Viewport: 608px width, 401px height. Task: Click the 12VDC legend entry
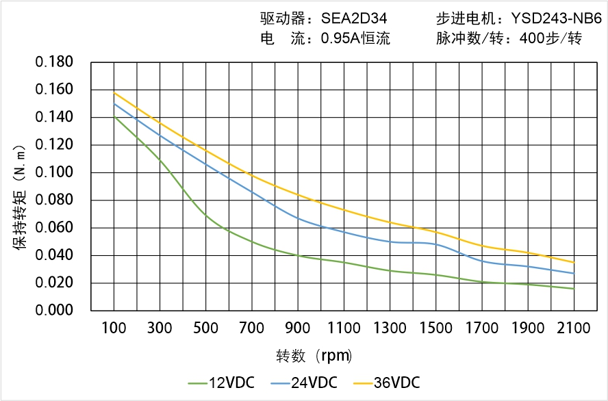pos(220,383)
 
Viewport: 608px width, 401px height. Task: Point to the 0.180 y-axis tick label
pos(54,63)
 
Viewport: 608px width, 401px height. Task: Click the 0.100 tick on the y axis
pos(54,173)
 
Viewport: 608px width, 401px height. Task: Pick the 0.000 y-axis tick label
pos(54,311)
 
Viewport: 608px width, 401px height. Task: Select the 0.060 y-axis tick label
pos(54,228)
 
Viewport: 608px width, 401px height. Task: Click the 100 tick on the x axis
pos(114,329)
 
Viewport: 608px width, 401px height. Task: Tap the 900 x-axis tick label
pos(298,329)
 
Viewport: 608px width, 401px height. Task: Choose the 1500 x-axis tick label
pos(435,329)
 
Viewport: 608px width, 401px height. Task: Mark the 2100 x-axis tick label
pos(574,329)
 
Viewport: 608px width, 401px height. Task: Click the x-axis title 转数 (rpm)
pos(314,356)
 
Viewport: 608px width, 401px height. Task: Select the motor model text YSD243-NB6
pos(557,19)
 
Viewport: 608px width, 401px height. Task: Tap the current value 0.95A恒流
pos(355,39)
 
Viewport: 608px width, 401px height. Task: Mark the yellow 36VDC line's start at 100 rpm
pos(114,92)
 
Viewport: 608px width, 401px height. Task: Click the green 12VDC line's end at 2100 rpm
pos(574,289)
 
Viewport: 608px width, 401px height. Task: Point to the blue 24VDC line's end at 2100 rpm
pos(574,274)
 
